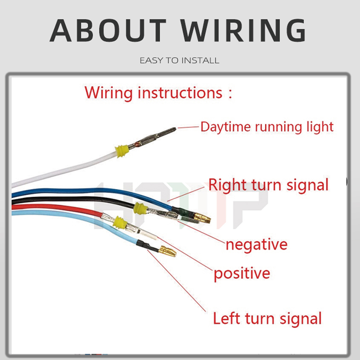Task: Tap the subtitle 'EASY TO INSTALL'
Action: pyautogui.click(x=180, y=60)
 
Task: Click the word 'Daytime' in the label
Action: pyautogui.click(x=226, y=127)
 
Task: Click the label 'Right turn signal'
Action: pyautogui.click(x=268, y=184)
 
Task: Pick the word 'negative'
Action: pyautogui.click(x=256, y=244)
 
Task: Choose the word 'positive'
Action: pyautogui.click(x=242, y=273)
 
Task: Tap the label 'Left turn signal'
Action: pyautogui.click(x=267, y=318)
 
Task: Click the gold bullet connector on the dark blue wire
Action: pyautogui.click(x=202, y=218)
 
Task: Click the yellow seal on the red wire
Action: pyautogui.click(x=120, y=222)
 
